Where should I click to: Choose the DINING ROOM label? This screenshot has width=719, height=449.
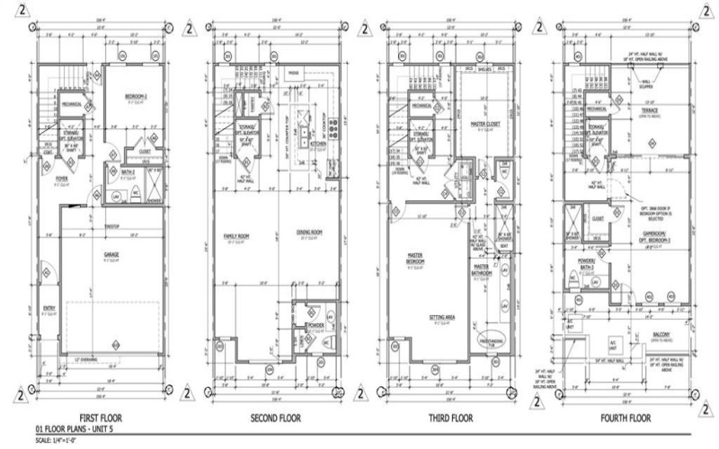coord(310,233)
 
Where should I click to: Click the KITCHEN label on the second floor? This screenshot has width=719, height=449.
coord(319,143)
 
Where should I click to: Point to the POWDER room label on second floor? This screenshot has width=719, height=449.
coord(315,326)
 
